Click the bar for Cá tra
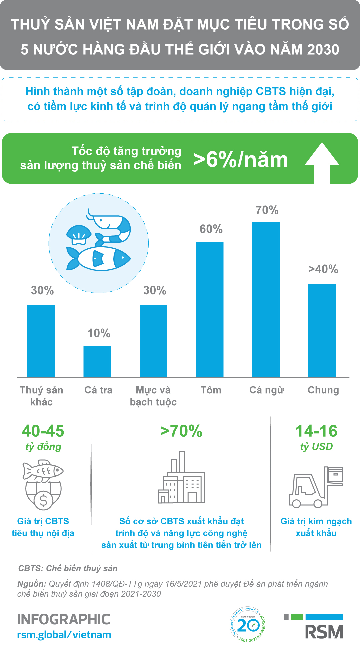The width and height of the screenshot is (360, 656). (x=97, y=362)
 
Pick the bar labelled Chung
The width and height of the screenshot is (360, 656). (x=322, y=330)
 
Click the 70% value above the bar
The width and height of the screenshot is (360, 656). (x=267, y=210)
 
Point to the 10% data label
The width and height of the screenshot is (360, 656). (x=99, y=333)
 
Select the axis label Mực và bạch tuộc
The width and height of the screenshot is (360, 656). (x=153, y=396)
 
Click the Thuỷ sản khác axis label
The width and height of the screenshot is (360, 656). (x=41, y=396)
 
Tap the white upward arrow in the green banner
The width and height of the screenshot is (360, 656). (x=322, y=162)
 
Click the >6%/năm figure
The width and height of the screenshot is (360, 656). (x=240, y=160)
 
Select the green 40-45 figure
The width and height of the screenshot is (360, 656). (x=43, y=431)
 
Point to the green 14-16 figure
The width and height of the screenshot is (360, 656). (x=316, y=431)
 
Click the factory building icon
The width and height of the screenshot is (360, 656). (x=181, y=478)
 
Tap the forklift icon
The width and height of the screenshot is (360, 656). (x=316, y=487)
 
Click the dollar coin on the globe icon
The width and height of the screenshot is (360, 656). (x=43, y=500)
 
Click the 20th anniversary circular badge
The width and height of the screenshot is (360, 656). (x=247, y=624)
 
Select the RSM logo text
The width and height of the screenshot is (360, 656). (x=324, y=632)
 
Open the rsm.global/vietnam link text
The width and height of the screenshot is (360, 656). (x=64, y=635)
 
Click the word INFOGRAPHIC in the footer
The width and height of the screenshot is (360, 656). (x=64, y=619)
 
